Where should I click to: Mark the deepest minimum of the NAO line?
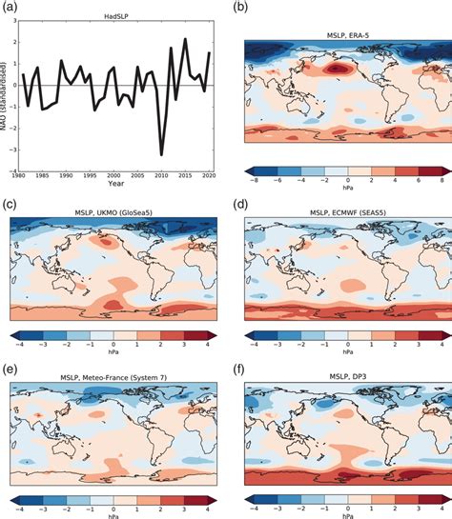click(x=162, y=154)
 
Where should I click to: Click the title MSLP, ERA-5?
click(x=339, y=35)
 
